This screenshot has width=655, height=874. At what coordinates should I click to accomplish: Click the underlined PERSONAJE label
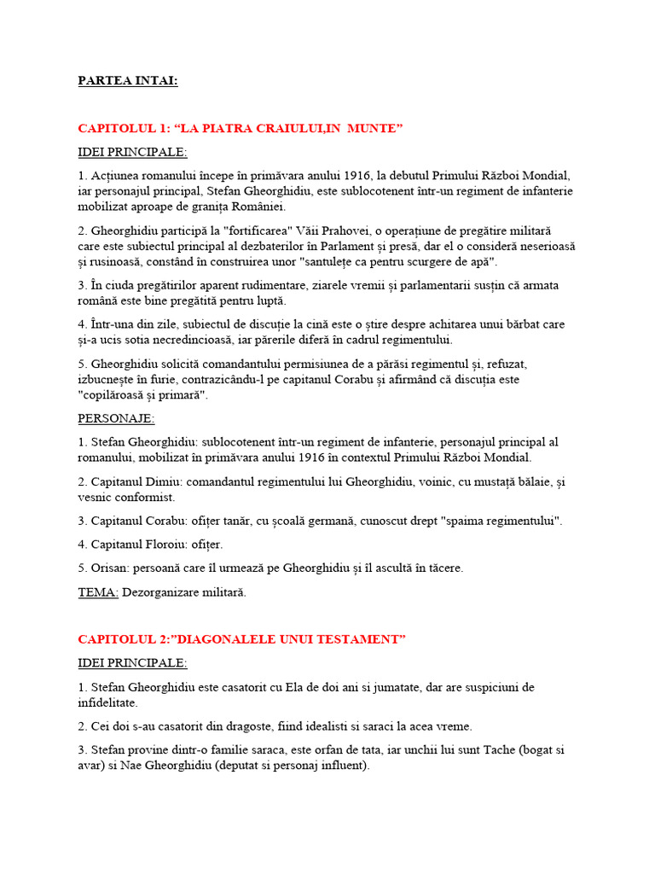coord(116,419)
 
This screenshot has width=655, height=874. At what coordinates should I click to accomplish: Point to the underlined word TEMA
coord(98,592)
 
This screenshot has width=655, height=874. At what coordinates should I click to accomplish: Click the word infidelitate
coord(107,702)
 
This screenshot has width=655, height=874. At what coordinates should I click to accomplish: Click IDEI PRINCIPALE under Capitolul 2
coord(132,663)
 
